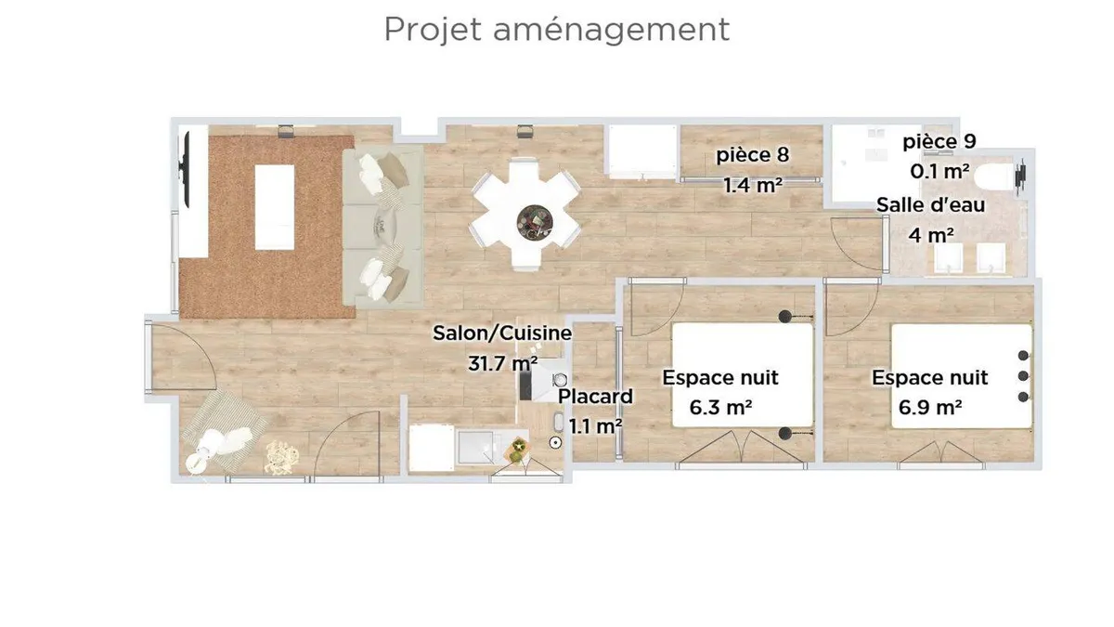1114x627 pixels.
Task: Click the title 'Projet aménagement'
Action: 556,30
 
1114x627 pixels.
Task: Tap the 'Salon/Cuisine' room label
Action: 502,333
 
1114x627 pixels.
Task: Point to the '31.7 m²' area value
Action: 502,363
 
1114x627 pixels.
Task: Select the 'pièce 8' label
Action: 752,155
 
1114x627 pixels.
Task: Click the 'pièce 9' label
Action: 939,142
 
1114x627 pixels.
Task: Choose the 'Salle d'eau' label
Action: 930,204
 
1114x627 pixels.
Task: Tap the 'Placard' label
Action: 595,397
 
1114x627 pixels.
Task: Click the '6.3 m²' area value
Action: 720,408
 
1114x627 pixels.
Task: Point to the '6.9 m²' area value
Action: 930,408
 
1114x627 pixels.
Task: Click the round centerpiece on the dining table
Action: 535,223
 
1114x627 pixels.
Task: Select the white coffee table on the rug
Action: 275,207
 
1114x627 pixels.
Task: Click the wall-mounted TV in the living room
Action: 185,169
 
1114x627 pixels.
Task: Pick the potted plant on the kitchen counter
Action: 517,449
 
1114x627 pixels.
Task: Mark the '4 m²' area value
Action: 931,235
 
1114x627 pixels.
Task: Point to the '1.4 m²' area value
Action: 753,186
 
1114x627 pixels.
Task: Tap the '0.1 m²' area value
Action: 939,172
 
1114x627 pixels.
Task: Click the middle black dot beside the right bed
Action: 1023,375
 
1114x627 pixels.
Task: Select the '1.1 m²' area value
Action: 595,426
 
